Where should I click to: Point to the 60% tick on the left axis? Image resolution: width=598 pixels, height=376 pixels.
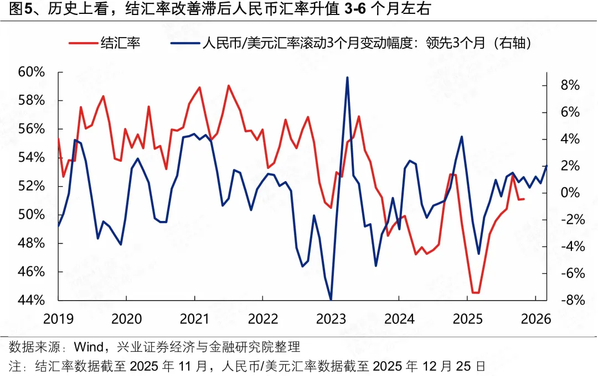click(31, 72)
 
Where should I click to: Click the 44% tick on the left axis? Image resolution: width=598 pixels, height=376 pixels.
click(31, 300)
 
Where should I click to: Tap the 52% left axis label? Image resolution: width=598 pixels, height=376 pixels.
click(31, 186)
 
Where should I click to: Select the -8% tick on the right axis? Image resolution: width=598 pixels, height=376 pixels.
click(565, 300)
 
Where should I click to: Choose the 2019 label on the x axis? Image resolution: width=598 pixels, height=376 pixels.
click(58, 320)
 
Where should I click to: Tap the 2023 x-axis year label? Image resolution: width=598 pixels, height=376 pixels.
click(331, 320)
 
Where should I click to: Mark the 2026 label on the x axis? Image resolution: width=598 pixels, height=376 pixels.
click(535, 320)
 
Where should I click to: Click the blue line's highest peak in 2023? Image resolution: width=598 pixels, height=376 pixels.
click(347, 78)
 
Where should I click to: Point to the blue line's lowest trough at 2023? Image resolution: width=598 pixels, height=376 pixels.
click(331, 300)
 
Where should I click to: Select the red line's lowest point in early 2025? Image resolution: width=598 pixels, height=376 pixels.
click(476, 292)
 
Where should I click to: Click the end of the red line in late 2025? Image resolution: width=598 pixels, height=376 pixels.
click(524, 199)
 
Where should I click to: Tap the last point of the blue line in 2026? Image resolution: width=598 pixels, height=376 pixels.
click(547, 166)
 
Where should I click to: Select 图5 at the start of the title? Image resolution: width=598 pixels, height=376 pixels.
click(17, 9)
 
